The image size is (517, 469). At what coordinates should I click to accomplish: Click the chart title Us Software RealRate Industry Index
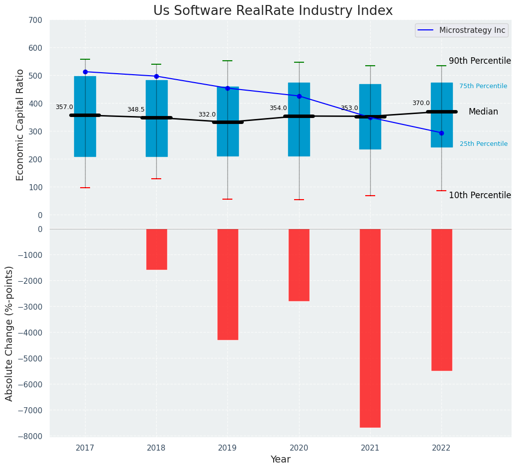(273, 11)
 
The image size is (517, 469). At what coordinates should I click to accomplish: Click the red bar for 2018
(156, 249)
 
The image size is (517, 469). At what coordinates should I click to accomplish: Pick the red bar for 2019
(228, 284)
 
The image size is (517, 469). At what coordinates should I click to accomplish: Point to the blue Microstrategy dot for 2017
(85, 72)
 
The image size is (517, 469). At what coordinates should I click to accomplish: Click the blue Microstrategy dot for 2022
(441, 133)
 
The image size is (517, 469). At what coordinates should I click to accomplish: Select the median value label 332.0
(207, 115)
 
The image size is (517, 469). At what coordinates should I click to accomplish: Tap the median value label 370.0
(421, 103)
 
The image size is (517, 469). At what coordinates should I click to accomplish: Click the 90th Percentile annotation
(480, 61)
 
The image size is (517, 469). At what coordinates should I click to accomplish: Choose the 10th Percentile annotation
(480, 195)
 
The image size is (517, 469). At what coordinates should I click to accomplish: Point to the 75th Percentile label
(483, 86)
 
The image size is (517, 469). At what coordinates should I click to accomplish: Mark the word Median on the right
(483, 112)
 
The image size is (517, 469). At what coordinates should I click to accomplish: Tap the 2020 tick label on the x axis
(299, 448)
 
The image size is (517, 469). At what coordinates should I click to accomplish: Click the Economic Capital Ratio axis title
(20, 124)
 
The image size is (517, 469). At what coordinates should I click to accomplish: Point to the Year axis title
(281, 460)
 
